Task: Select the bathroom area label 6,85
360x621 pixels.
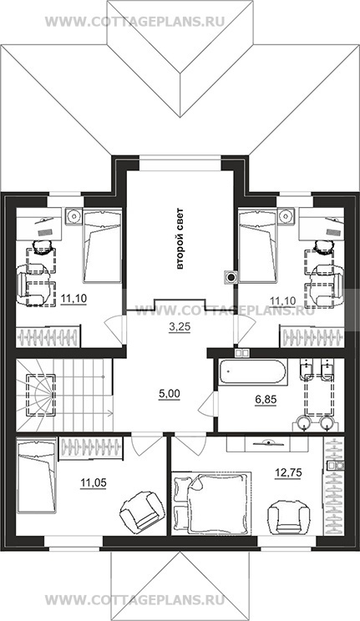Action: point(266,400)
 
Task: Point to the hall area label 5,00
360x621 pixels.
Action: point(170,394)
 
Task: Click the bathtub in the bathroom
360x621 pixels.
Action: point(252,372)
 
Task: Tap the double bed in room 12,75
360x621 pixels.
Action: point(212,503)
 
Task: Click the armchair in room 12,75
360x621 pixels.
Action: point(287,516)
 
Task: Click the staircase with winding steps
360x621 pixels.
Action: point(64,395)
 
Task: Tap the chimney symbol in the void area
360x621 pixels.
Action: point(231,276)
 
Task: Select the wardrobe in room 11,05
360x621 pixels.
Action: point(91,447)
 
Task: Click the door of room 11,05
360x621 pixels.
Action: point(147,445)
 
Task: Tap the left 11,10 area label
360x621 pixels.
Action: point(74,298)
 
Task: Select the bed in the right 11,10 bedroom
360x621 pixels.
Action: point(258,247)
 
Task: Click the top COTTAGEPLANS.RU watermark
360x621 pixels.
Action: point(134,21)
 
